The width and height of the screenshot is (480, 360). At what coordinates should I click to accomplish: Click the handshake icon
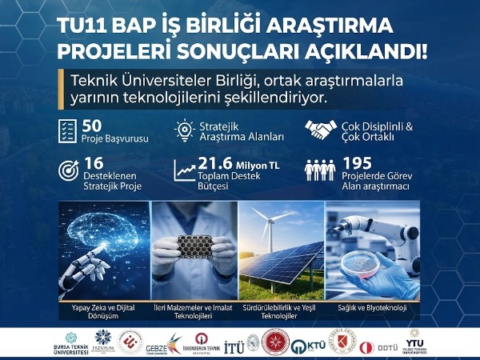click(x=320, y=130)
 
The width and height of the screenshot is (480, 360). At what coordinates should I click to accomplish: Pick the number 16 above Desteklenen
click(x=93, y=162)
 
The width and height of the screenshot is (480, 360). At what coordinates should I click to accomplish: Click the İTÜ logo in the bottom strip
click(x=234, y=345)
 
